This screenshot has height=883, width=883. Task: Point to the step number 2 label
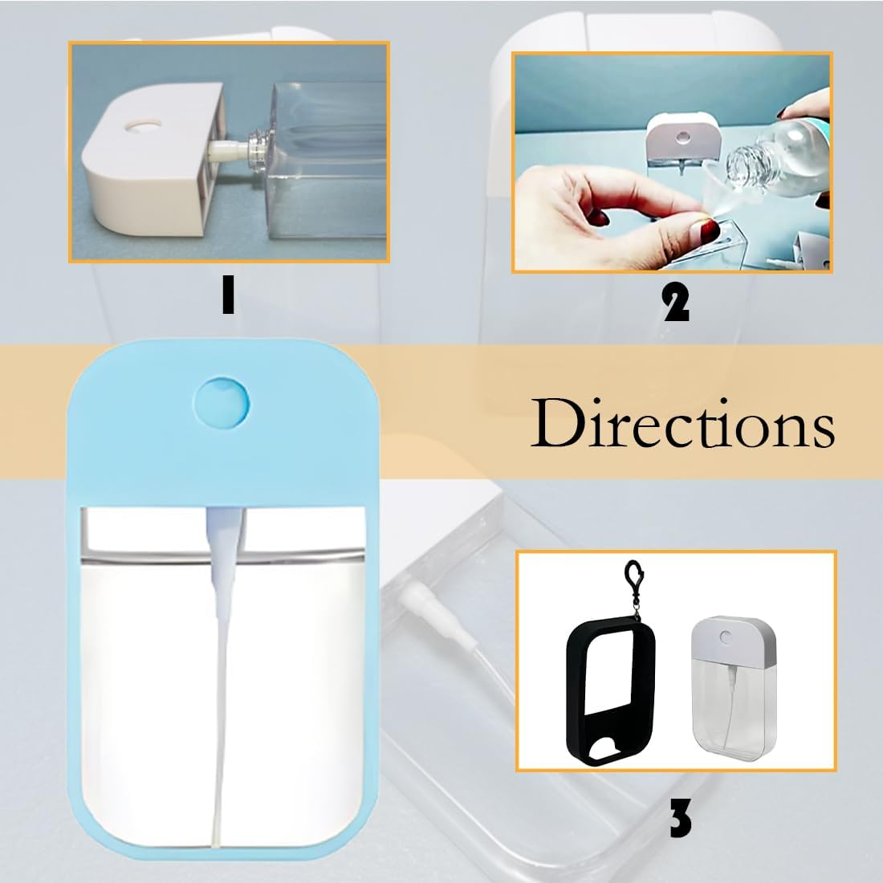point(675,304)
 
